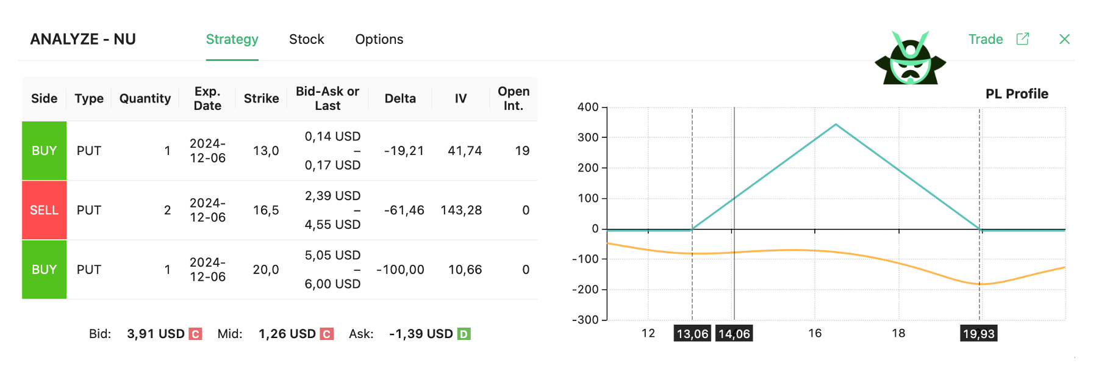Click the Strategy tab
point(232,40)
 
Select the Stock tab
point(306,40)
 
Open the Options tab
point(379,40)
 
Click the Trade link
point(986,40)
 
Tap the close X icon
point(1064,40)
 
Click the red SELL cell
point(44,210)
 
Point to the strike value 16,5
point(266,210)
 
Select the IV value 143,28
point(461,210)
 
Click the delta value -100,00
point(400,270)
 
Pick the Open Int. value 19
point(522,151)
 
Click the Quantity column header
point(145,99)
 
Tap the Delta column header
point(400,99)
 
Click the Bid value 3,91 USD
point(156,334)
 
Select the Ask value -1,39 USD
point(421,334)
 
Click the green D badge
point(464,334)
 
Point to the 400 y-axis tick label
point(588,107)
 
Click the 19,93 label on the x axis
point(978,334)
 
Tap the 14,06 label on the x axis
point(734,334)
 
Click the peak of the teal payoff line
point(836,124)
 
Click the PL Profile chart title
point(1017,94)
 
